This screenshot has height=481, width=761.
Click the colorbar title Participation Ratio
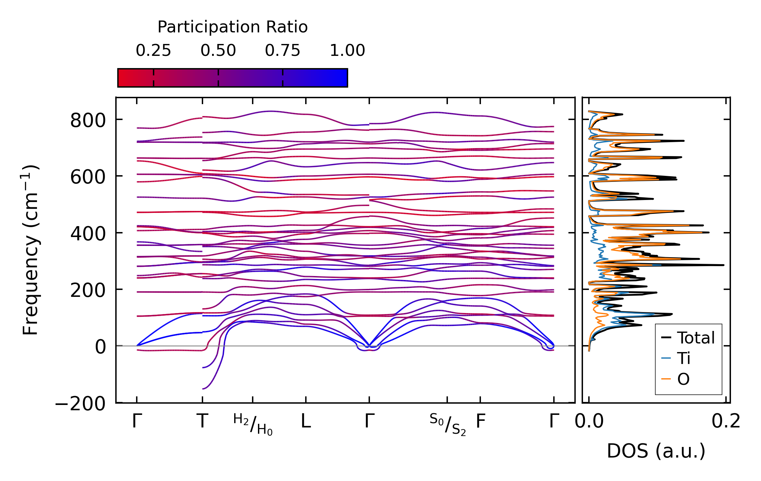point(233,27)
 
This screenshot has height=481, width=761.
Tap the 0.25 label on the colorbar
point(153,51)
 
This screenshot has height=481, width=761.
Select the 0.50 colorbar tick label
point(218,51)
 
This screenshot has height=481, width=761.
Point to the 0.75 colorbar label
point(282,51)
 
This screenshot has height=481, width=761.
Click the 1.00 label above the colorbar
point(347,51)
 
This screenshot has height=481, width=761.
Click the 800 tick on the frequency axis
point(88,120)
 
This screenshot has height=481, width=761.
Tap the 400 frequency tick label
point(88,234)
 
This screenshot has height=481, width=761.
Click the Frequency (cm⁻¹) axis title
point(30,250)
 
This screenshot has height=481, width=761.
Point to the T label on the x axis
point(202,421)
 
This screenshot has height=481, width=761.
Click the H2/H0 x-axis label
point(253,424)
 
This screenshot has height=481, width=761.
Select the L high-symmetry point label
point(306,421)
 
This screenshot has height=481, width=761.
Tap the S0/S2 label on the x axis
point(448,424)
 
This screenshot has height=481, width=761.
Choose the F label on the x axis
point(480,421)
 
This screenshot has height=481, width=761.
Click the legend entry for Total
point(696,338)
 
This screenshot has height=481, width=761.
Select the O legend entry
point(683,379)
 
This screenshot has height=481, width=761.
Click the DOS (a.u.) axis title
point(656,451)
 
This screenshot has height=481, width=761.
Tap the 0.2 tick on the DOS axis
point(726,421)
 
